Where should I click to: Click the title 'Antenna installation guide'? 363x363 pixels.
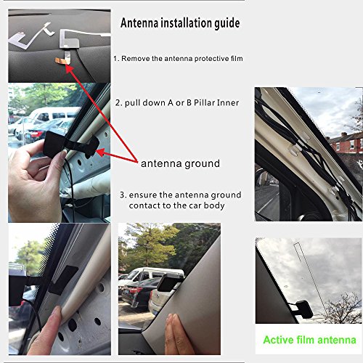click(180, 23)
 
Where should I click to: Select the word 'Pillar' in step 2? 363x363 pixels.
click(205, 103)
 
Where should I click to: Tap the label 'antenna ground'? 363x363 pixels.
click(180, 163)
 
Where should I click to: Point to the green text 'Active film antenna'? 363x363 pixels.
click(309, 340)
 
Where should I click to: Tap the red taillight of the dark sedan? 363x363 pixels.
click(136, 290)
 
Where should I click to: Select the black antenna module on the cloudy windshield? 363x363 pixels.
click(303, 309)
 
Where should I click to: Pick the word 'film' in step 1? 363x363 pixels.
click(237, 59)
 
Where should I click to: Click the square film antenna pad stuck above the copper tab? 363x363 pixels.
click(70, 38)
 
